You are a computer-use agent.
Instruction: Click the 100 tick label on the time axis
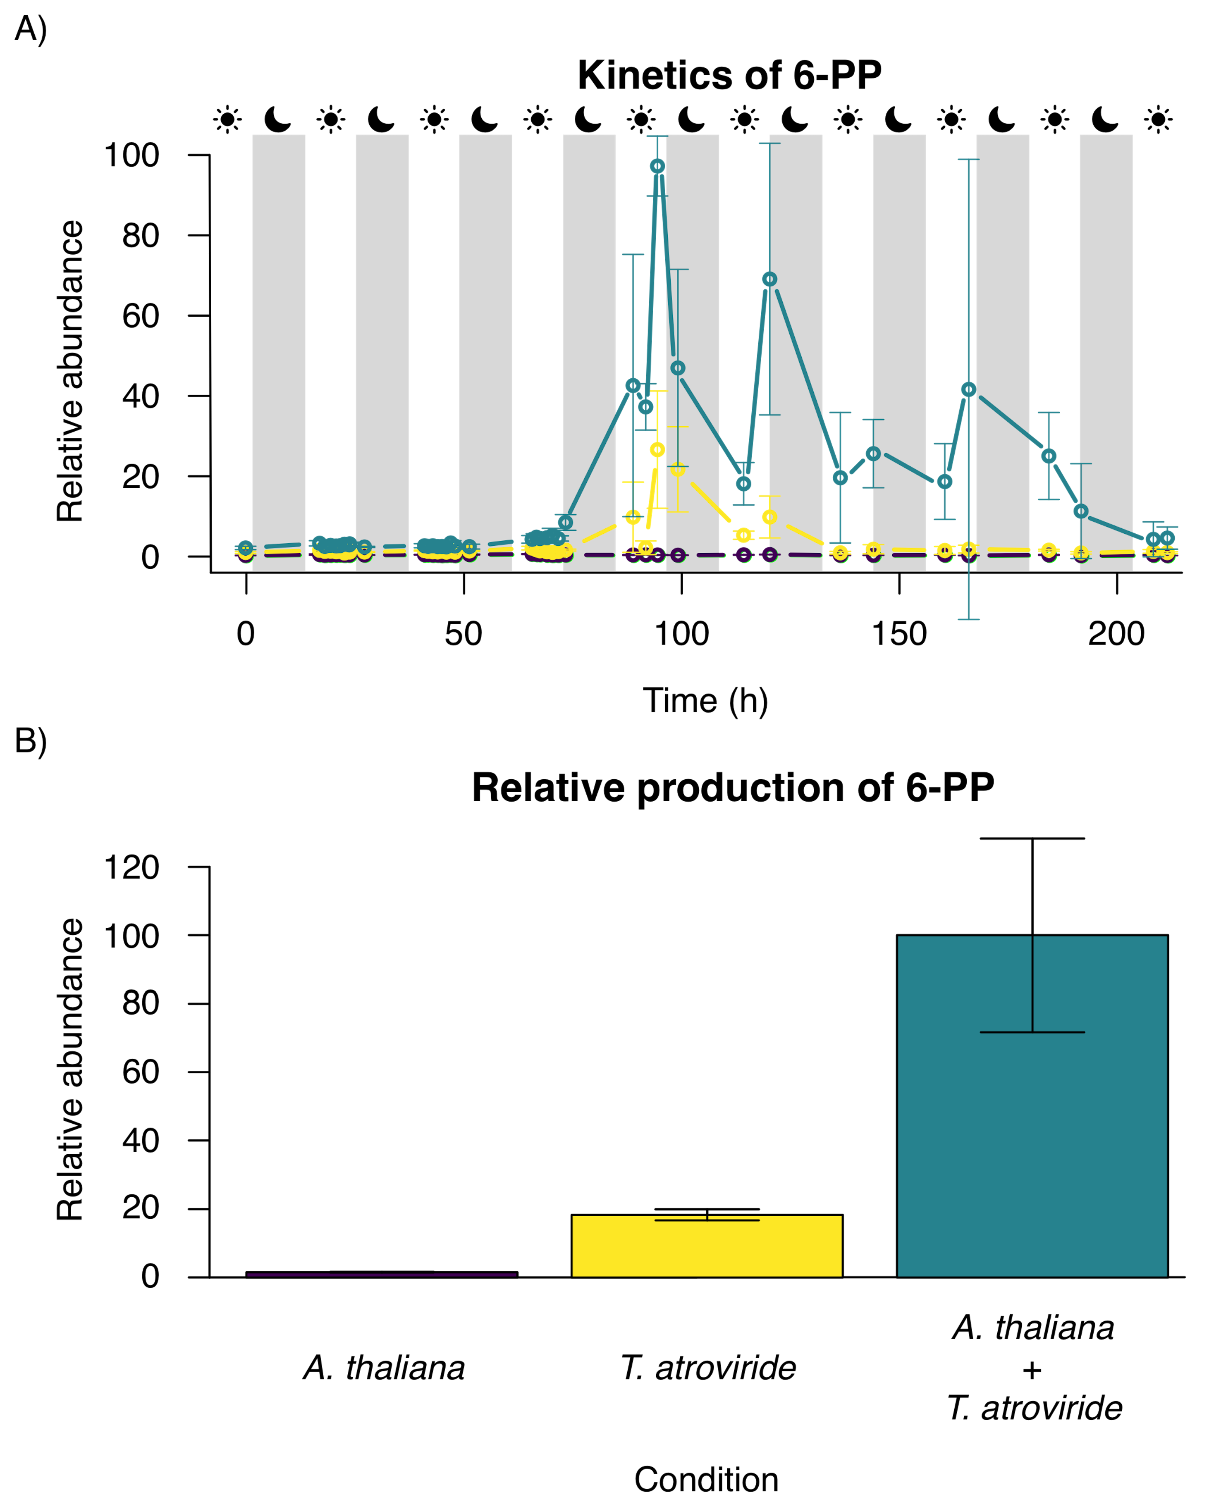tap(681, 634)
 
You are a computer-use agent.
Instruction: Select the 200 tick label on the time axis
tap(1116, 634)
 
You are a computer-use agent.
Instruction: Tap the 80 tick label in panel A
tap(140, 236)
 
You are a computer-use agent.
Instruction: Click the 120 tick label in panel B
tap(131, 868)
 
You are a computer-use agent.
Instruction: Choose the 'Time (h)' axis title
tap(705, 701)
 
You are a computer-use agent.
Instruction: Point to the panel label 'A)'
tap(31, 29)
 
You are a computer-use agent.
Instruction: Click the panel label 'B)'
tap(31, 740)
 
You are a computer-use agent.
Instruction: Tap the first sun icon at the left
tap(227, 119)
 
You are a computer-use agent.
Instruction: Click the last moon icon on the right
tap(1105, 119)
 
